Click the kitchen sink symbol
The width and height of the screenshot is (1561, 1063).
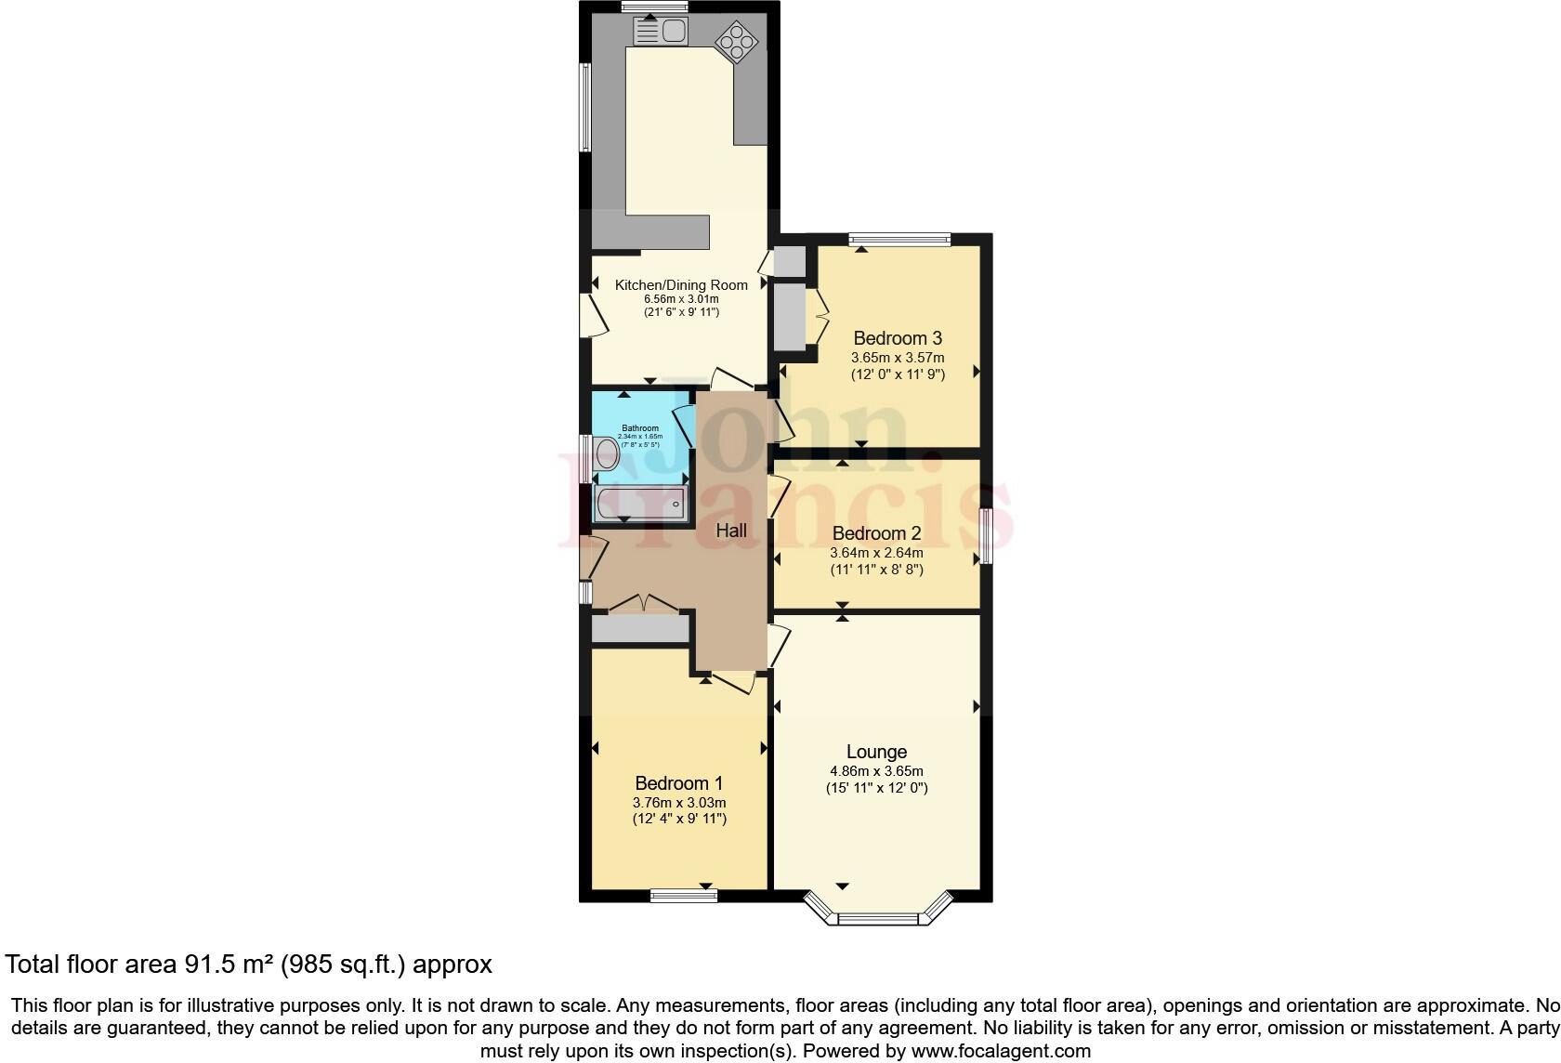pyautogui.click(x=659, y=32)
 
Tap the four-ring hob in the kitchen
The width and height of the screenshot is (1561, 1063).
pyautogui.click(x=737, y=41)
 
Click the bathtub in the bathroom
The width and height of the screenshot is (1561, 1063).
pyautogui.click(x=640, y=503)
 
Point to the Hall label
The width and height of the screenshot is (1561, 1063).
pyautogui.click(x=731, y=531)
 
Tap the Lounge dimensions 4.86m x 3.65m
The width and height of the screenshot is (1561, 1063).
pyautogui.click(x=876, y=771)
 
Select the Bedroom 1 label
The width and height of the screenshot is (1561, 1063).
pyautogui.click(x=678, y=784)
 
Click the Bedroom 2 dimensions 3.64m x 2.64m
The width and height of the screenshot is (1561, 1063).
pyautogui.click(x=876, y=553)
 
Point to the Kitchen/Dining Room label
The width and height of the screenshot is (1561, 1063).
pyautogui.click(x=681, y=285)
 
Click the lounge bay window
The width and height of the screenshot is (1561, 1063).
pyautogui.click(x=878, y=918)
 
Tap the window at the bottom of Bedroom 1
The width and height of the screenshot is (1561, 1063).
pyautogui.click(x=684, y=896)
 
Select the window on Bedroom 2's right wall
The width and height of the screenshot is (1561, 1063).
pyautogui.click(x=987, y=536)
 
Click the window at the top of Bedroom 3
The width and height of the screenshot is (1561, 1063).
pyautogui.click(x=899, y=240)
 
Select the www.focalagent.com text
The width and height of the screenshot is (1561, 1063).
pyautogui.click(x=999, y=1051)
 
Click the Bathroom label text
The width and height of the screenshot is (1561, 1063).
pyautogui.click(x=640, y=428)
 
